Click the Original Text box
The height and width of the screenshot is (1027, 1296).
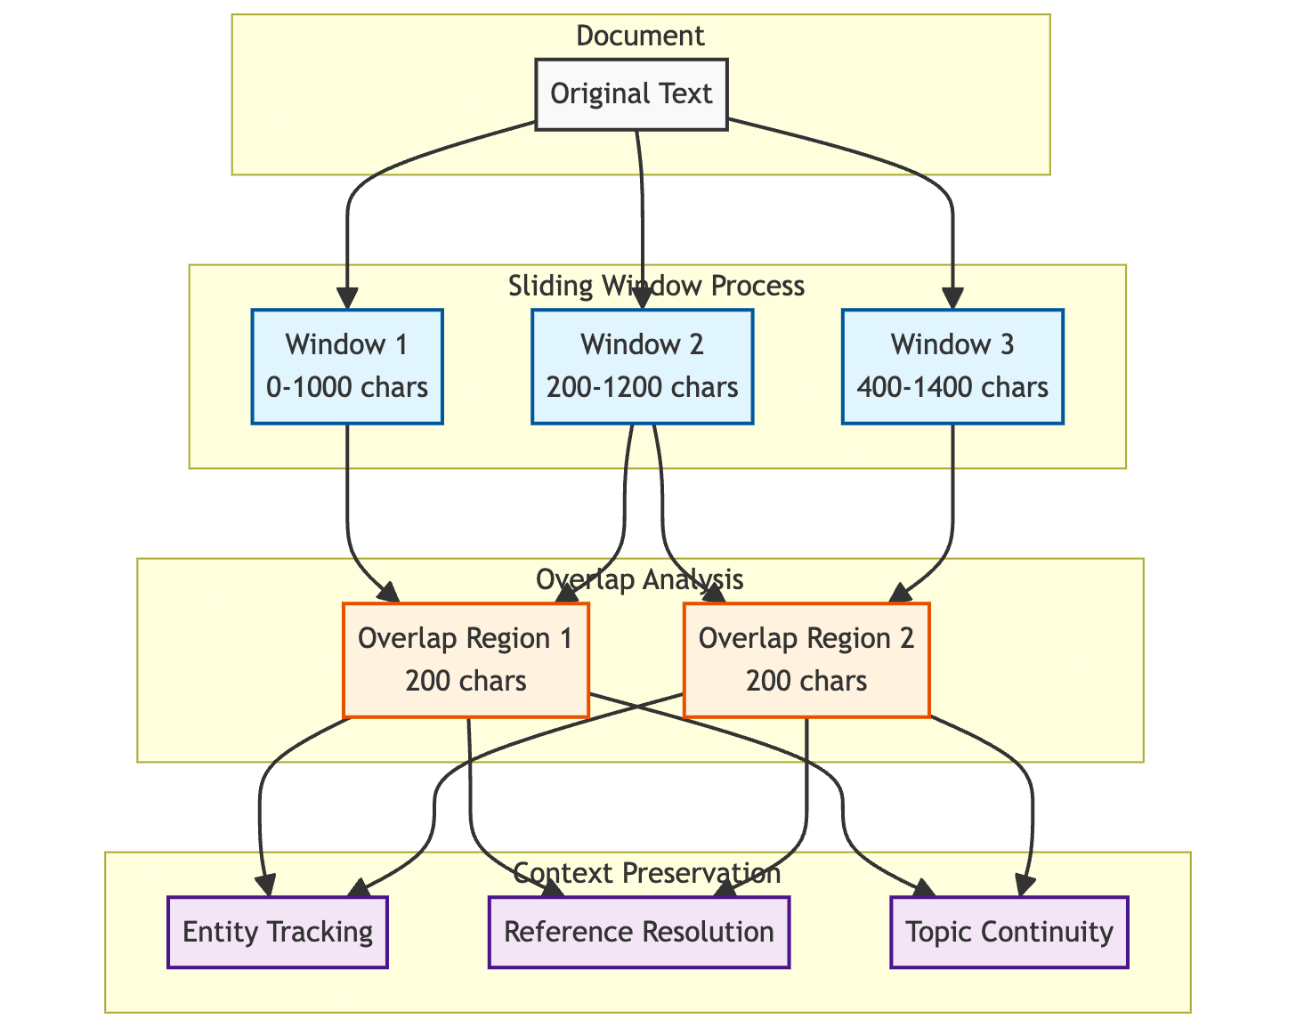point(631,94)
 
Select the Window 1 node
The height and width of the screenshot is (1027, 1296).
point(347,366)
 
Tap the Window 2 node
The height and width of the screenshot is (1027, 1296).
point(642,366)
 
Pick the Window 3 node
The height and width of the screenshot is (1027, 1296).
point(952,366)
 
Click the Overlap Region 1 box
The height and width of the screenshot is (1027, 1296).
point(466,659)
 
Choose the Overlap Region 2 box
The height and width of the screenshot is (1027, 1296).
point(806,659)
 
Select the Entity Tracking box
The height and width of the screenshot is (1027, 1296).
point(277,932)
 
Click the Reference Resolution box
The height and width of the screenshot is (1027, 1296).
point(638,932)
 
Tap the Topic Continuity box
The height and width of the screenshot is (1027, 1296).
point(1008,932)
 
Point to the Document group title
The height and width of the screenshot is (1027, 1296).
point(640,36)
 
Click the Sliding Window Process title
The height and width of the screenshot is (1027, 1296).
point(656,286)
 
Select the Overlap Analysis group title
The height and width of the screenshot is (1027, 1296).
point(639,579)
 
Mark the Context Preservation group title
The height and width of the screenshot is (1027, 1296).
point(647,873)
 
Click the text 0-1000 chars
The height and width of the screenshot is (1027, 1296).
point(347,388)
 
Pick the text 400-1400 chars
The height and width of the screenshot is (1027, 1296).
point(952,388)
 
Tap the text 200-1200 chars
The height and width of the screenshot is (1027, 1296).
point(642,388)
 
